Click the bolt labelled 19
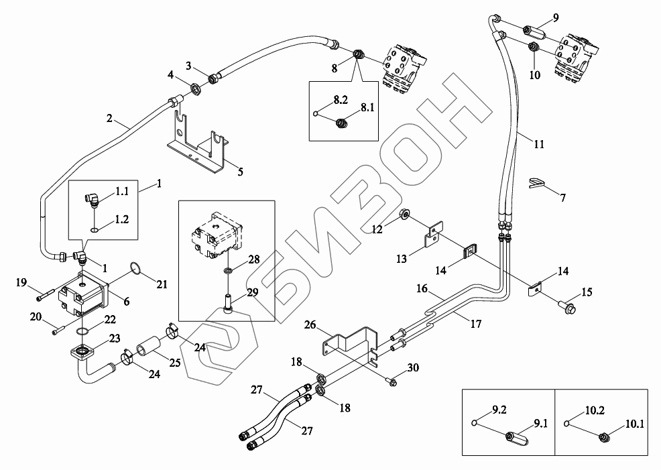[44, 293]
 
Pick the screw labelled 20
[59, 328]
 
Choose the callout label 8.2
[341, 100]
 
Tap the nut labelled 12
[405, 215]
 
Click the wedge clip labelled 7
[536, 183]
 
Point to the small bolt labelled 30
[392, 381]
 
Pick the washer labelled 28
[228, 270]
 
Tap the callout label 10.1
[634, 424]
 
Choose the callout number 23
[115, 339]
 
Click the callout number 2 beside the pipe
[109, 119]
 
